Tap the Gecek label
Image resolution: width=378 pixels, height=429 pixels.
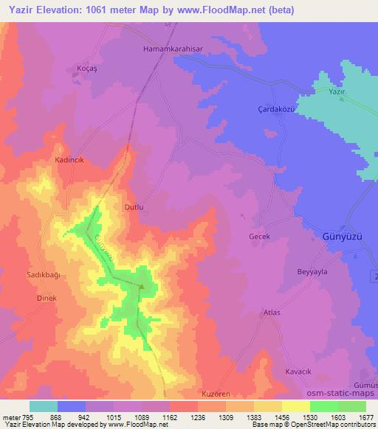pyautogui.click(x=261, y=237)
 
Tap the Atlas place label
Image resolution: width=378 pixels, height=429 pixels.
pyautogui.click(x=272, y=313)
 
